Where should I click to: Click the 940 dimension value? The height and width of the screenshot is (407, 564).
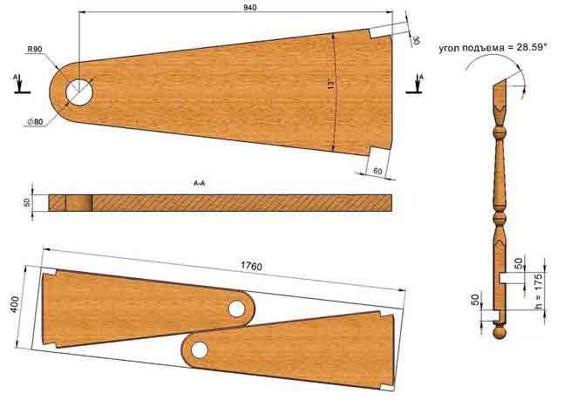coord(250,7)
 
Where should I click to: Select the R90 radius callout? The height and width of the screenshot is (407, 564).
coord(35,50)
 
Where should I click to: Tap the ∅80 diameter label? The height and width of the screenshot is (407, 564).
coord(35,122)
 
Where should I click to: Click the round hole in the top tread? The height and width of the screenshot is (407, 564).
coord(79,92)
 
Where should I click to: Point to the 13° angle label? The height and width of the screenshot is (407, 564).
coord(331,85)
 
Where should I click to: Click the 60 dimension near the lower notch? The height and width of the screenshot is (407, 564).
coord(377,171)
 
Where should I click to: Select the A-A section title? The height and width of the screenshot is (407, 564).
coord(200,184)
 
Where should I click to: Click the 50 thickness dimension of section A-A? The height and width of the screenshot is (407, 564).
coord(27,203)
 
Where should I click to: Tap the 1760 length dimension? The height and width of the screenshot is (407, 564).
coord(251,266)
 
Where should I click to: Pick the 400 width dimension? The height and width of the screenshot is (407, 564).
coord(15,304)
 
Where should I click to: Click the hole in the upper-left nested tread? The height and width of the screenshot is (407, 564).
coord(237,309)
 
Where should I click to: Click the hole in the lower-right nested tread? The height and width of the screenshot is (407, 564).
coord(200,349)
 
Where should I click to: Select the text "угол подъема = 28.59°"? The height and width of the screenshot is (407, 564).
coord(493,47)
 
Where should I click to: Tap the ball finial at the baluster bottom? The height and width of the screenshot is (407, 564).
coord(499,332)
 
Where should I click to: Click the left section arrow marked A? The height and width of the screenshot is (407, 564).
coord(20,85)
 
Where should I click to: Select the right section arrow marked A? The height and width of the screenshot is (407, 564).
coord(416,85)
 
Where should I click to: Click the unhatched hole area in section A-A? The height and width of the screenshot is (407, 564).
coord(78,203)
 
